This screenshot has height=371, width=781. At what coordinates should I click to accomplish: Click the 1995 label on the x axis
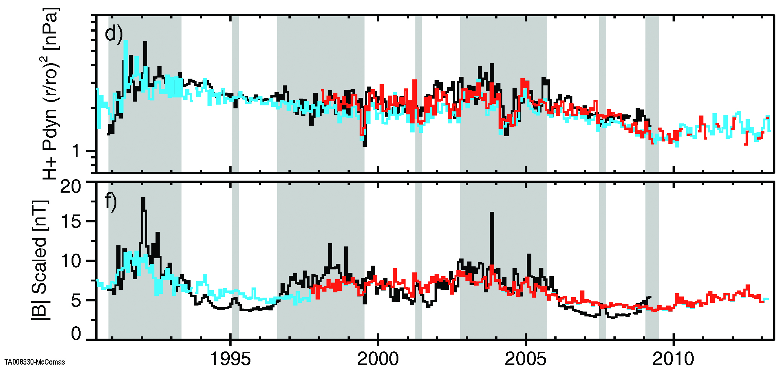pyautogui.click(x=230, y=359)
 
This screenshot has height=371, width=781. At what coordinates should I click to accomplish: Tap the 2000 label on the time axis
pyautogui.click(x=378, y=359)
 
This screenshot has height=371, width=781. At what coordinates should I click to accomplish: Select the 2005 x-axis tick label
pyautogui.click(x=525, y=359)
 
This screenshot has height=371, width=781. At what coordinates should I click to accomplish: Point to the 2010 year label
pyautogui.click(x=673, y=359)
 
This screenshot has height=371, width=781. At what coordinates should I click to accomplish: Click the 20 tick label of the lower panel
pyautogui.click(x=71, y=186)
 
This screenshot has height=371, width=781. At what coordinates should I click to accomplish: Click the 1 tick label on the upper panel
pyautogui.click(x=76, y=151)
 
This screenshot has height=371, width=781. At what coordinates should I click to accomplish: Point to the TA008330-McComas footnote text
pyautogui.click(x=35, y=362)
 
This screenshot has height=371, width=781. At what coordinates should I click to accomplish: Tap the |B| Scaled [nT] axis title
pyautogui.click(x=40, y=260)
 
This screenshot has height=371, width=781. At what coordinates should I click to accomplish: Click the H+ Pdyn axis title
pyautogui.click(x=50, y=94)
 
